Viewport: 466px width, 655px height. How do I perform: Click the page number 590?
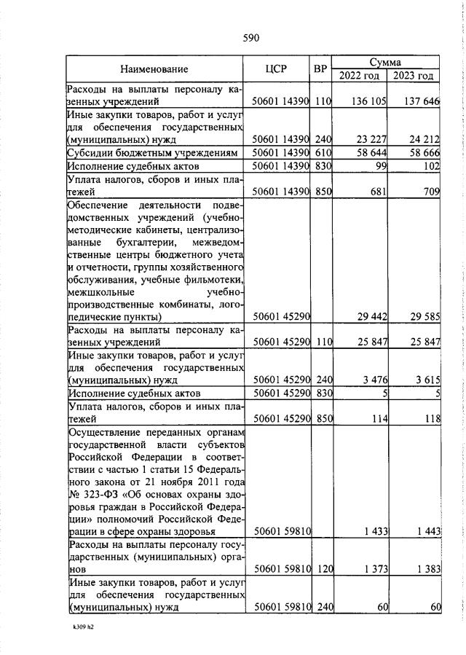[x=250, y=38]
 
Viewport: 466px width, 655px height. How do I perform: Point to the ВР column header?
[x=320, y=69]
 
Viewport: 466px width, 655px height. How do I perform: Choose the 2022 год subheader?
[x=359, y=76]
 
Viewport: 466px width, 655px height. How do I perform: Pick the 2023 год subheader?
[x=413, y=76]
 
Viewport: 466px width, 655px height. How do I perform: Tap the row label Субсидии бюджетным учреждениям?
[x=152, y=153]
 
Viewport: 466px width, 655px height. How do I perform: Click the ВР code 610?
[x=323, y=153]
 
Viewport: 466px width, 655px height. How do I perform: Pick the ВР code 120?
[x=323, y=567]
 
